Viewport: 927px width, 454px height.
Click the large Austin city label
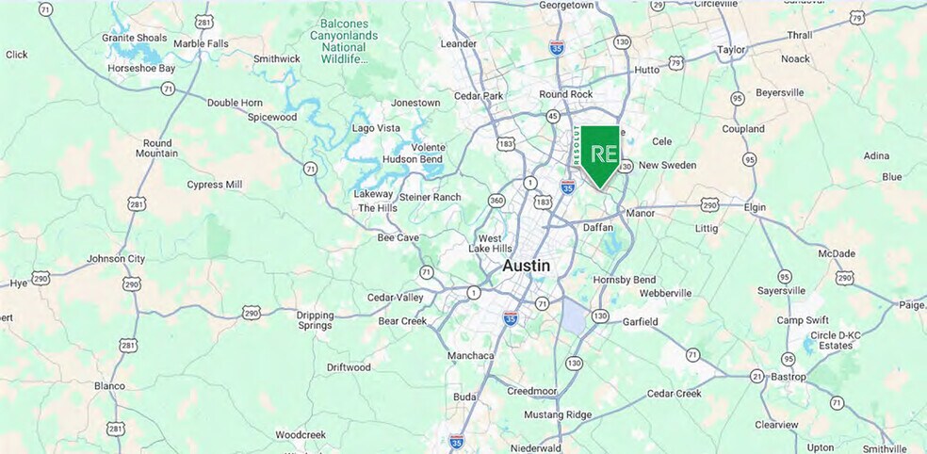pos(526,266)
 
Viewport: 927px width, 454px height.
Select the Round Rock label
pos(566,94)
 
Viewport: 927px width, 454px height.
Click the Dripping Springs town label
pos(315,320)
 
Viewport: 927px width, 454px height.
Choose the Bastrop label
pos(789,377)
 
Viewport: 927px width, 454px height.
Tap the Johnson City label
pos(116,258)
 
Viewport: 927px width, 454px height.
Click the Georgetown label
pos(566,5)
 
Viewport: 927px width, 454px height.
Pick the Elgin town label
pos(755,207)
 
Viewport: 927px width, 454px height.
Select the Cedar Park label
pos(480,95)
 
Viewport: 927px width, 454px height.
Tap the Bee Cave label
pos(398,238)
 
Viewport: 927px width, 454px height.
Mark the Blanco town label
pos(109,386)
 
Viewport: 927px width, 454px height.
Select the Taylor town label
pos(731,49)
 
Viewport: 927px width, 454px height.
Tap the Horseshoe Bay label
pos(141,69)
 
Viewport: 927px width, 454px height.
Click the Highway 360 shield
pos(496,201)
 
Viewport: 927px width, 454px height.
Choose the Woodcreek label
pos(301,435)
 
